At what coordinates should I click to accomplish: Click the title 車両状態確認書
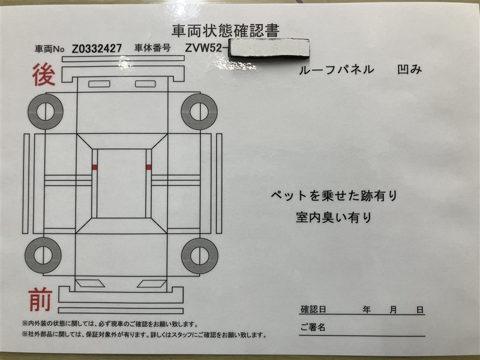coord(226,31)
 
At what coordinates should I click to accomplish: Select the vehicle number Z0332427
coord(97,49)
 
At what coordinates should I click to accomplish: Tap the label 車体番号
coord(152,48)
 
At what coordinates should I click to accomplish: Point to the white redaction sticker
coord(269,48)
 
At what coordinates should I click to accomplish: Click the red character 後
coord(44,74)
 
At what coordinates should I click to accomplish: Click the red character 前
coord(40,299)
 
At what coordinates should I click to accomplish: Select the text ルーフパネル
coord(336,70)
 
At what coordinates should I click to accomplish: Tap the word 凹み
coord(410,70)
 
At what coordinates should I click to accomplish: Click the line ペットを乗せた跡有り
coord(334,196)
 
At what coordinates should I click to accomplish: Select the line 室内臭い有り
coord(334,217)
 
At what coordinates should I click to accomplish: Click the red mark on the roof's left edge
coord(95,167)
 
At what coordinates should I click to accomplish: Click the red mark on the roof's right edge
coord(149,167)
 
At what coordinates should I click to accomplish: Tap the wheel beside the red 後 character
coord(46,112)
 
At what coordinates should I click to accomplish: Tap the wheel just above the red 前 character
coord(43,256)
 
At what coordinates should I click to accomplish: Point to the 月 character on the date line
coord(394,310)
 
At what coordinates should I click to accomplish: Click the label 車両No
coord(50,49)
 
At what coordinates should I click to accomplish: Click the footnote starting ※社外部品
coord(145,335)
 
